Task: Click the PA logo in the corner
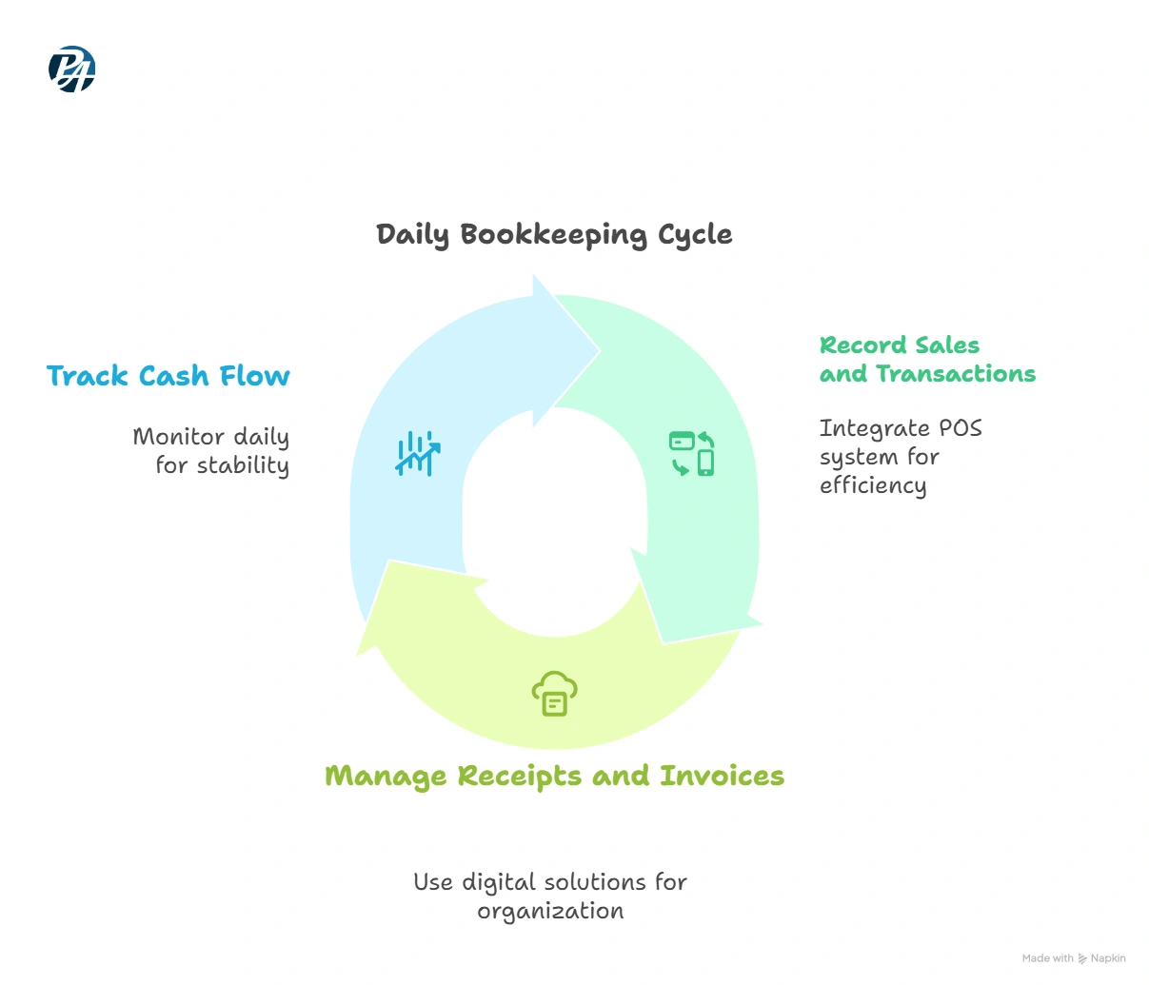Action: point(71,69)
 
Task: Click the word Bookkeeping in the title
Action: point(554,235)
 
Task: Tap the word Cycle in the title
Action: point(695,235)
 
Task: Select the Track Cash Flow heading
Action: point(168,375)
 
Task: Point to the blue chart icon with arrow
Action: point(418,454)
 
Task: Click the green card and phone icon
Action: point(691,454)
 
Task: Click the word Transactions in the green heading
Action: point(956,374)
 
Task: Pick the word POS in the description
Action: point(961,428)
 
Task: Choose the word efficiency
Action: point(873,485)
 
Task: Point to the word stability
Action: point(243,465)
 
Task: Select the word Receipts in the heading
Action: point(519,777)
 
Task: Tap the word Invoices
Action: point(723,776)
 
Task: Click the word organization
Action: point(550,911)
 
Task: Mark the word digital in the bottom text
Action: point(499,883)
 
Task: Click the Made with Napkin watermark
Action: point(1074,957)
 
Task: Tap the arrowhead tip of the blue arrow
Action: point(600,351)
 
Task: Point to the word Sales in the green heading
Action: point(947,345)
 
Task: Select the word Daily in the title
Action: point(412,235)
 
